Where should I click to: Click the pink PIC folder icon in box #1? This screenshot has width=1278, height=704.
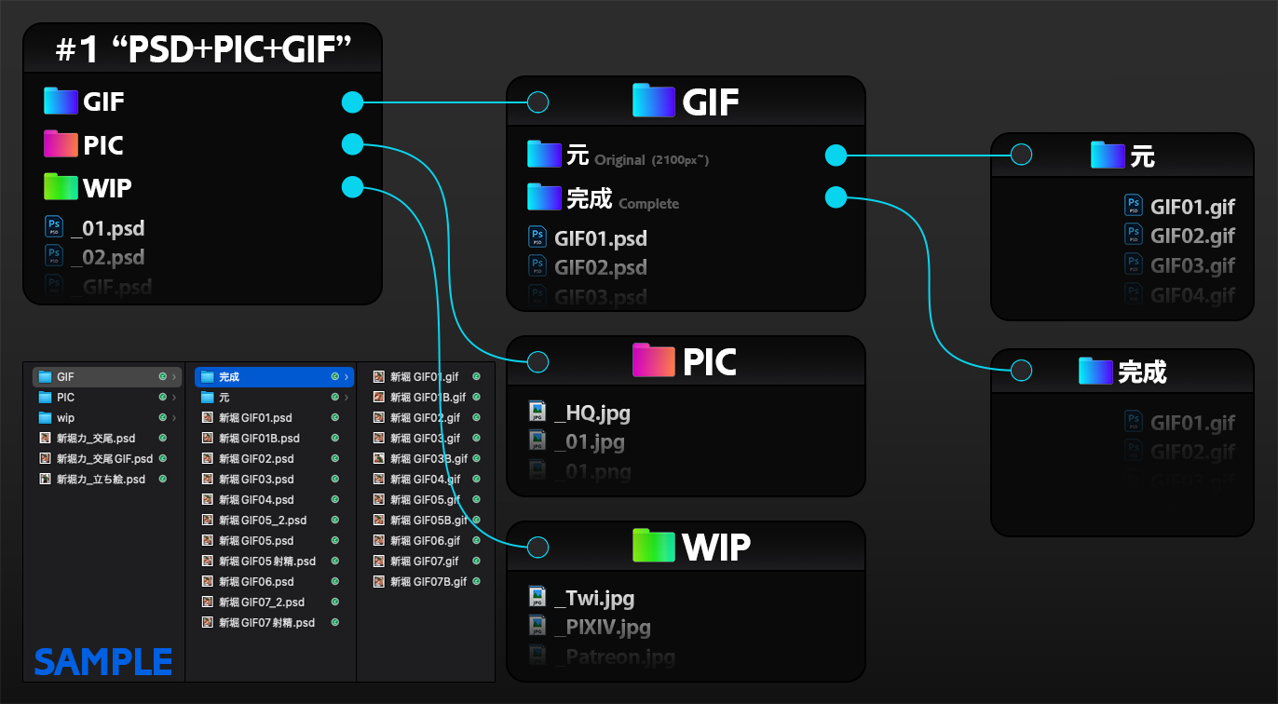[x=61, y=144]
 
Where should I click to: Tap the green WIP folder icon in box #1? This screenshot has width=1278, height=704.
[x=61, y=187]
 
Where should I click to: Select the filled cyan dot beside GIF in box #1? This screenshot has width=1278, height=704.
[x=352, y=102]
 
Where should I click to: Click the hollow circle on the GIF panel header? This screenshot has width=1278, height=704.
[x=537, y=102]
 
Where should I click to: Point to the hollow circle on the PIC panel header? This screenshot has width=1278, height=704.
[x=537, y=361]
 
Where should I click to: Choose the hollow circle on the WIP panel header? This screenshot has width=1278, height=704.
[x=537, y=547]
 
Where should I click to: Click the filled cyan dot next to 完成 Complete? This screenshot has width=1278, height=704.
[x=836, y=197]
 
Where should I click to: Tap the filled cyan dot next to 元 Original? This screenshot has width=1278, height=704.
[x=836, y=155]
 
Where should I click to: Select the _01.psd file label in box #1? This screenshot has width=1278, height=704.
[x=107, y=228]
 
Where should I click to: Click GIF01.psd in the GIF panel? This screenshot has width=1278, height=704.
[x=600, y=238]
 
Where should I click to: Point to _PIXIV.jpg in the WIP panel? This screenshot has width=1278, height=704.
[x=602, y=627]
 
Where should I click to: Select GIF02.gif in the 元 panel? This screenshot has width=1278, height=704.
[x=1192, y=236]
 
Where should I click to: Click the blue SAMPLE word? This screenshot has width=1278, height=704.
[x=103, y=662]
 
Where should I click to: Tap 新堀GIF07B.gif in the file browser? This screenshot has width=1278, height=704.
[x=428, y=582]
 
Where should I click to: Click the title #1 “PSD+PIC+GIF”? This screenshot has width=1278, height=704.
[x=203, y=49]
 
